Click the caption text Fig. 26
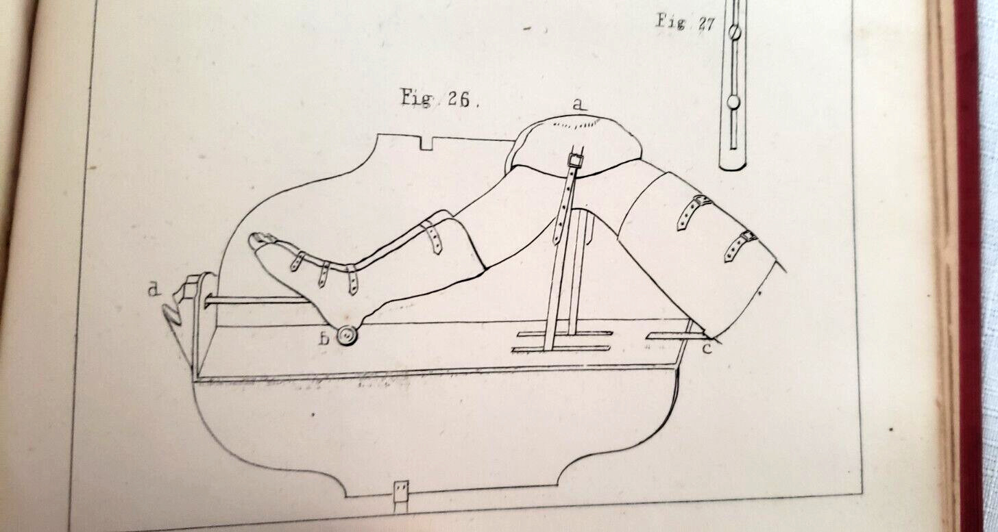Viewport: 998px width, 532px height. coord(439,99)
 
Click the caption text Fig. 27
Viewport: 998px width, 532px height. coord(685,23)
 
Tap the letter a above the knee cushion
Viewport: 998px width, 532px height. coord(579,105)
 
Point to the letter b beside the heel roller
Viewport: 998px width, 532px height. coord(324,339)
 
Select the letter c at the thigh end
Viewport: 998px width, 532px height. coord(707,348)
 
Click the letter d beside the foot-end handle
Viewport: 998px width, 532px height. coord(154,290)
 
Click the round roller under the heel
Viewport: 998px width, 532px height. coord(347,335)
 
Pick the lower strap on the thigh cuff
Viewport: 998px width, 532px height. coord(740,245)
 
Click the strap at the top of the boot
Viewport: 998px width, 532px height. coord(432,236)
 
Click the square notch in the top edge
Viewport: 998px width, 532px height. coord(427,142)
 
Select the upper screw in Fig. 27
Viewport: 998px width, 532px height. coord(735,32)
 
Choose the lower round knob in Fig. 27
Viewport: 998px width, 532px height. coord(734,103)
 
